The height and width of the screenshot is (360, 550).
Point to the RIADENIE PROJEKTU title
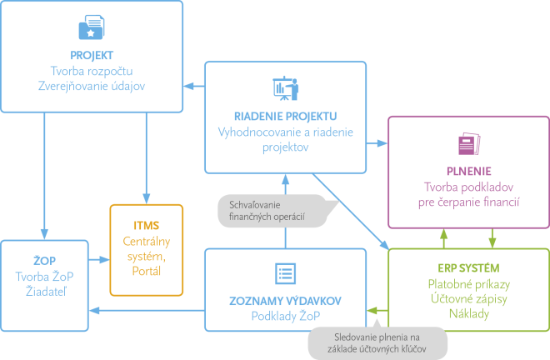tap(286, 115)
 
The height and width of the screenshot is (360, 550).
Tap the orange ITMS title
tap(146, 225)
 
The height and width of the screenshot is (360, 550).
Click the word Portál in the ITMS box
tap(146, 271)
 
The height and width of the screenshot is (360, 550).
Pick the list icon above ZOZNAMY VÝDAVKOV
tap(286, 273)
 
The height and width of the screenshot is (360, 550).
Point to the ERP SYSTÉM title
tap(467, 268)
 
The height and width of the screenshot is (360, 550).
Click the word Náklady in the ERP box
tap(467, 314)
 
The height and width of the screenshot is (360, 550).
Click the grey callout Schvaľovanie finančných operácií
tap(266, 212)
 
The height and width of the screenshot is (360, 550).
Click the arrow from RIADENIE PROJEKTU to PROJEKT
tap(194, 84)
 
